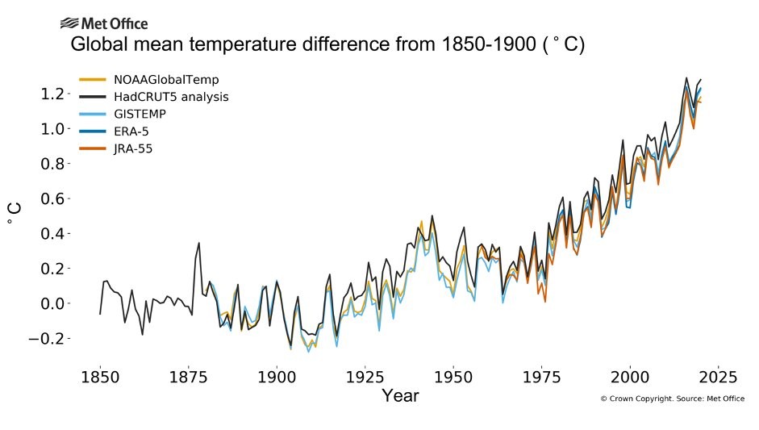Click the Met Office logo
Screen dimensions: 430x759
click(103, 23)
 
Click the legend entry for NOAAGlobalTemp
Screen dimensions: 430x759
click(166, 80)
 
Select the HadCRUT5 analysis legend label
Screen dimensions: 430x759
click(171, 97)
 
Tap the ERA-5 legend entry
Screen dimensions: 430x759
click(138, 131)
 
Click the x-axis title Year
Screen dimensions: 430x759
click(400, 396)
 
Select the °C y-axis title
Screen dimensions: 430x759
click(15, 214)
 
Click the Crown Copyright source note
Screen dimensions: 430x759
click(672, 399)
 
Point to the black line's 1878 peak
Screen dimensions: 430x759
click(198, 243)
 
